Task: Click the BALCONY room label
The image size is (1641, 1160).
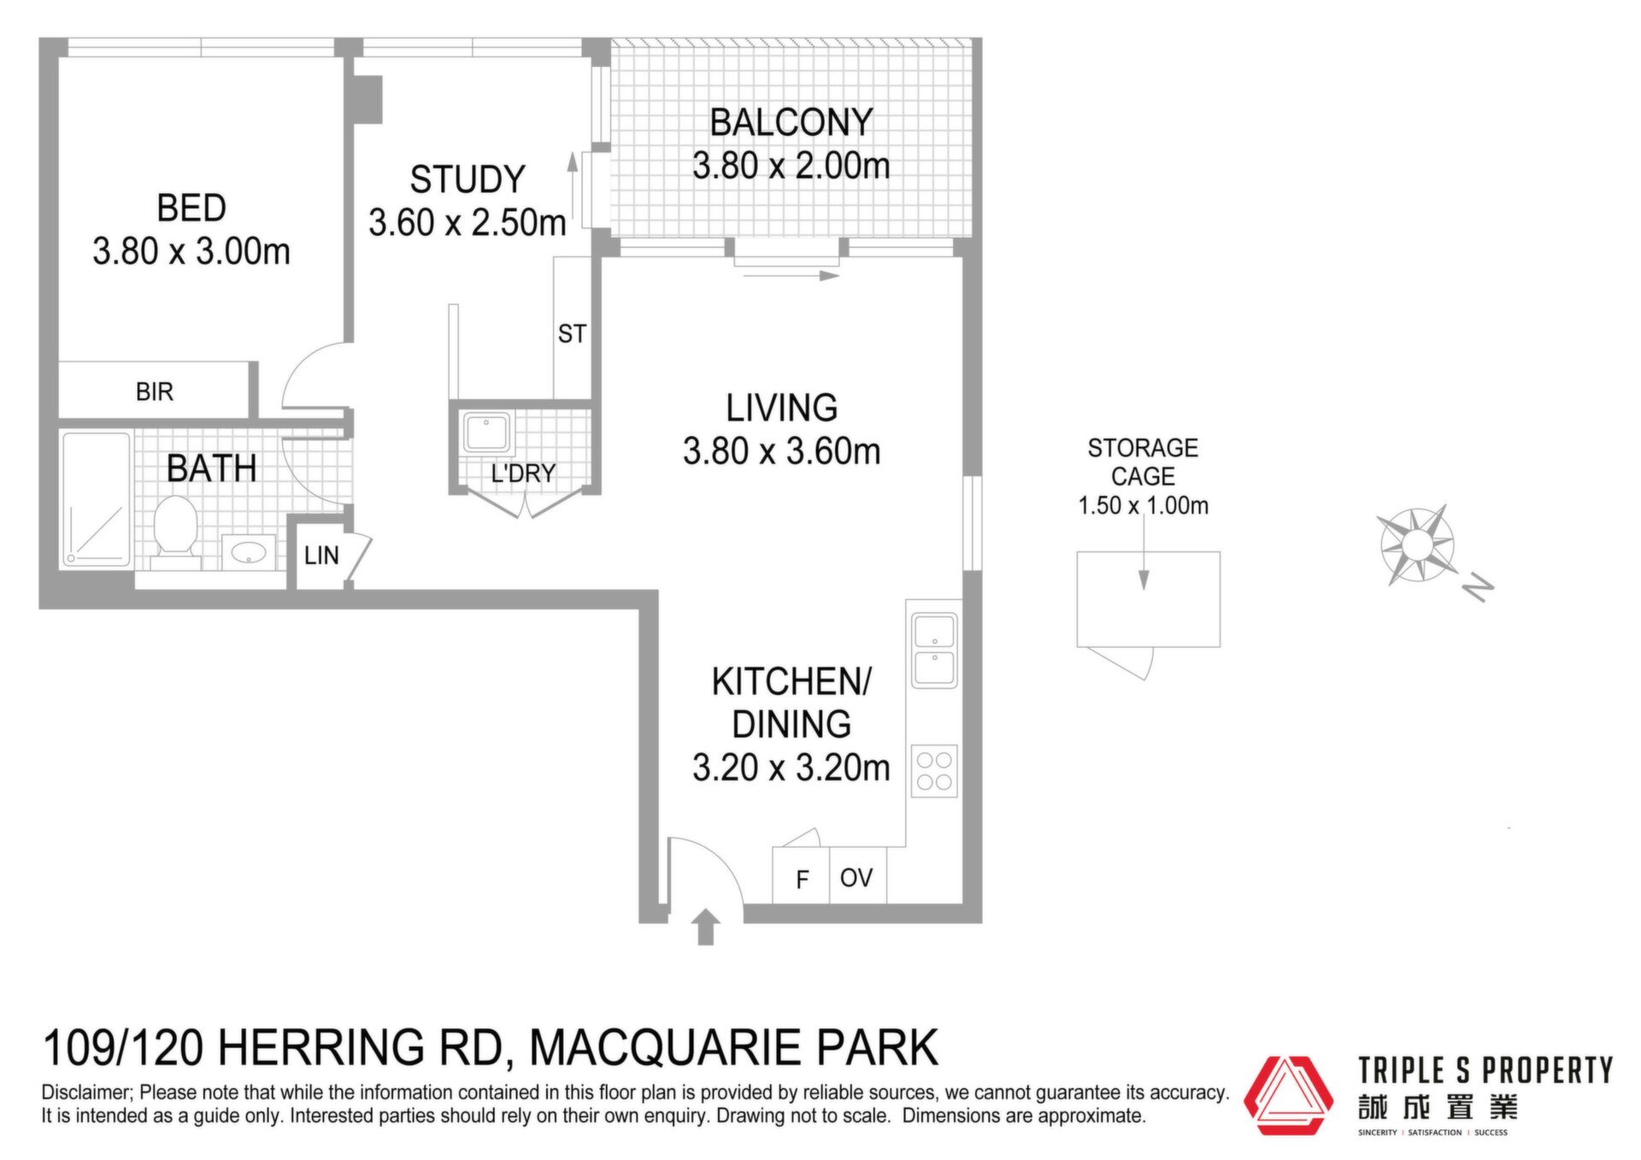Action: coord(791,122)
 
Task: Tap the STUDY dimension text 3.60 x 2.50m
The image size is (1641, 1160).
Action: coord(468,222)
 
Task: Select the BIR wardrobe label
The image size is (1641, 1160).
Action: coord(155,392)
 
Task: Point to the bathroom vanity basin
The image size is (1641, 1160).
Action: coord(249,552)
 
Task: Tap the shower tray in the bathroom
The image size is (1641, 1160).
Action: coord(96,499)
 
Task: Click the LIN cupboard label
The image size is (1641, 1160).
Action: coord(321,556)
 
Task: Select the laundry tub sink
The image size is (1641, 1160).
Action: coord(486,432)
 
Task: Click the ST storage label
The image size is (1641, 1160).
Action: coord(572,333)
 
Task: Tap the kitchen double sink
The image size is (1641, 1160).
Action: coord(934,651)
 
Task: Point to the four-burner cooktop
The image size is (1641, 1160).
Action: coord(934,771)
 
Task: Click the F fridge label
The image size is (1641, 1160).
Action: coord(802,879)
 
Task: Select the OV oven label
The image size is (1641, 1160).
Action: coord(856,878)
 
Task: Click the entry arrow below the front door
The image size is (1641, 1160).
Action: coord(705,927)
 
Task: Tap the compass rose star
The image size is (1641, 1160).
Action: coord(1416,545)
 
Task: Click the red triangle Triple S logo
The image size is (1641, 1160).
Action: coord(1288,1095)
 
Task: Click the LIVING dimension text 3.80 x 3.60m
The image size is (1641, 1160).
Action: coord(781,451)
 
